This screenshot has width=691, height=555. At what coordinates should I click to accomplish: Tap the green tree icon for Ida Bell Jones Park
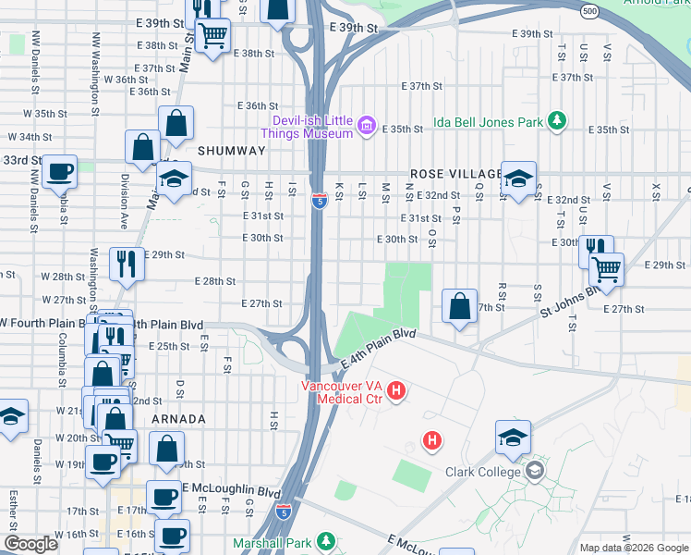557,120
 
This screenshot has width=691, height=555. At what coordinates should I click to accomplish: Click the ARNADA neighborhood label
178,419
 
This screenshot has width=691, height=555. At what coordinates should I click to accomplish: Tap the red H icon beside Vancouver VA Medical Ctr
396,391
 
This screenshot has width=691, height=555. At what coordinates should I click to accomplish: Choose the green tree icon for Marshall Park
325,540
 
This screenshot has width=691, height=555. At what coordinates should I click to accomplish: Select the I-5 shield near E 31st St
318,201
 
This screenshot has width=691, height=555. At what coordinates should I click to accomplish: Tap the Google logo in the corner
30,544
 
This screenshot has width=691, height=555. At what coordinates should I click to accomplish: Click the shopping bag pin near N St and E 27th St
459,306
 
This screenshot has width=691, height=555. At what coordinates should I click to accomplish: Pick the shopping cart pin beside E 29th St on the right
606,269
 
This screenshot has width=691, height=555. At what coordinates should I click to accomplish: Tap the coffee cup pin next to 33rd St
60,172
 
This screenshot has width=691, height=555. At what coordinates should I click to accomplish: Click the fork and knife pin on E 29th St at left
127,264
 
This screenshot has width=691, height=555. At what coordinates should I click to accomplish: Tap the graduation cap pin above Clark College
513,438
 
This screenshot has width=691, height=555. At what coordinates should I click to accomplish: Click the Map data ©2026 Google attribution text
633,547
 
